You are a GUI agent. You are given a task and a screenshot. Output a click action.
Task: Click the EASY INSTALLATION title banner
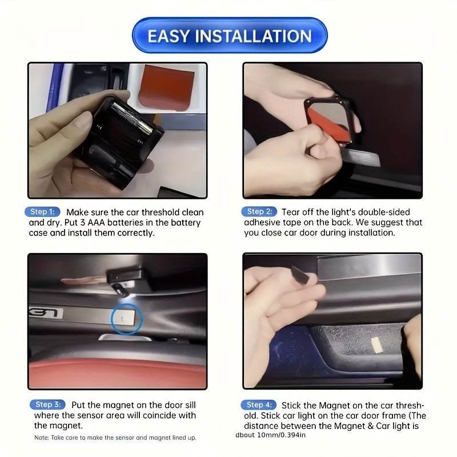click(x=229, y=35)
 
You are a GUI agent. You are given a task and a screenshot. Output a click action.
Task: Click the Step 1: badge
click(x=43, y=212)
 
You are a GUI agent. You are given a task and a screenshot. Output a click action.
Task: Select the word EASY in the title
click(x=169, y=35)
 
